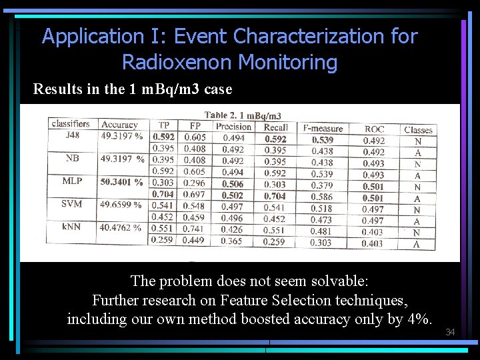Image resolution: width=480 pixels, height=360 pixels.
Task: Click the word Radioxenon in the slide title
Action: [177, 63]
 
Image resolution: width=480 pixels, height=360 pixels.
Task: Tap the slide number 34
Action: [450, 332]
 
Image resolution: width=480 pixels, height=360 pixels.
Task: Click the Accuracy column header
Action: [119, 125]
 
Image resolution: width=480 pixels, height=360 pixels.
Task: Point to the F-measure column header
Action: [323, 128]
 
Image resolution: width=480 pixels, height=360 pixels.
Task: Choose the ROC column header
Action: [374, 129]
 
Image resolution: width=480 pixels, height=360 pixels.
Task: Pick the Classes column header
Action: [418, 130]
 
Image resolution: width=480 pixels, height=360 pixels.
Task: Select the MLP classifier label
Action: [73, 181]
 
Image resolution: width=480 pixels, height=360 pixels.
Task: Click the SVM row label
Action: [72, 203]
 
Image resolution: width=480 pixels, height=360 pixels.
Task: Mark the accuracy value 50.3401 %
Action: [122, 181]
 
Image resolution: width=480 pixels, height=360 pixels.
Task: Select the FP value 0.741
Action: [194, 229]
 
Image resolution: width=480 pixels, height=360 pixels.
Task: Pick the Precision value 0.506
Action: [233, 184]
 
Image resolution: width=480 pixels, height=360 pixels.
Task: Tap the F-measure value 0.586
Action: [322, 197]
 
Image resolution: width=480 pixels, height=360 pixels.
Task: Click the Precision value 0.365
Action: [233, 241]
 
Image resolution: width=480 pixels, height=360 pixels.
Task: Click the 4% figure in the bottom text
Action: [418, 319]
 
